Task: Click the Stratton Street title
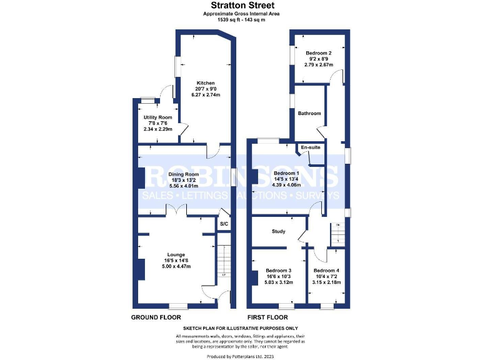pos(239,5)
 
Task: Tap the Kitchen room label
pos(206,83)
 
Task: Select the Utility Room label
pos(157,117)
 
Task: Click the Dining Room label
pos(183,174)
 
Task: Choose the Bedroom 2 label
pos(318,53)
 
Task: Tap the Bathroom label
pos(309,113)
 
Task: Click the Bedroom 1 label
pos(287,173)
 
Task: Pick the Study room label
pos(279,231)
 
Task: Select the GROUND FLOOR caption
pos(156,317)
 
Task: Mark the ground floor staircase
pos(223,262)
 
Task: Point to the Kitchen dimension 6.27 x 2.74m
pos(206,94)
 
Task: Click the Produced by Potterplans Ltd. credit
pos(239,355)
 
